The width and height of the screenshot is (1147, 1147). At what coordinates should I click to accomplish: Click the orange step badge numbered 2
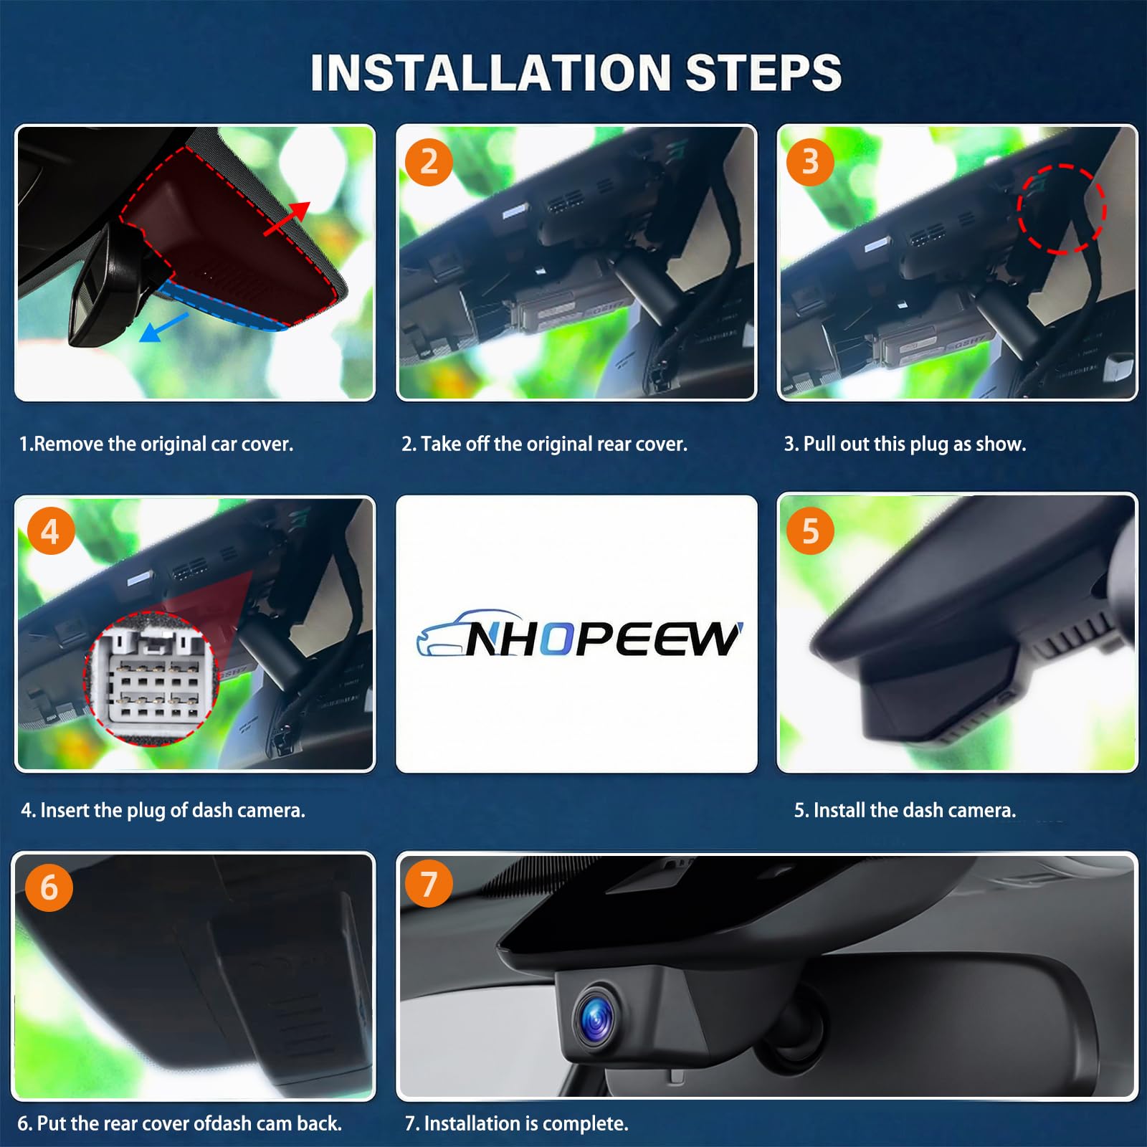click(429, 162)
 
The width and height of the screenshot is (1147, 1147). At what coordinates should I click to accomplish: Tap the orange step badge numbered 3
click(810, 162)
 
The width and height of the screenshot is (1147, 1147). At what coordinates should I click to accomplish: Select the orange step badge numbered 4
click(50, 531)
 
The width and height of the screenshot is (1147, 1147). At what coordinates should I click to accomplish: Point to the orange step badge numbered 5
click(810, 531)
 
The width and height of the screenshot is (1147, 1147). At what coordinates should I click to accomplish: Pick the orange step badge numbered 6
click(49, 887)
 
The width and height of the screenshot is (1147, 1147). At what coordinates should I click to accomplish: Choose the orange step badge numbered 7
click(429, 883)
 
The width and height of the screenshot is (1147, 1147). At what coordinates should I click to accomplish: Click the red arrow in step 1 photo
click(286, 218)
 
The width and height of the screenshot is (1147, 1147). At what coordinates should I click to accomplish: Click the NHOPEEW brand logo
click(579, 634)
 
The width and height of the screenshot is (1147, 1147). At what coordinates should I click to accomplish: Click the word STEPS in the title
click(763, 72)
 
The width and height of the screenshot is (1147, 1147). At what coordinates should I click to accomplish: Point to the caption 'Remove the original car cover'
click(163, 444)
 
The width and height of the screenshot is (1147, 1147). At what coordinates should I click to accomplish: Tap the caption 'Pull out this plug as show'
click(914, 444)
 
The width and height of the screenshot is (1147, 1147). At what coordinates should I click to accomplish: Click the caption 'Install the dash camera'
click(914, 810)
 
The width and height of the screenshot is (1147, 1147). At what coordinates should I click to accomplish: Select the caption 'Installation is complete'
click(525, 1123)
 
